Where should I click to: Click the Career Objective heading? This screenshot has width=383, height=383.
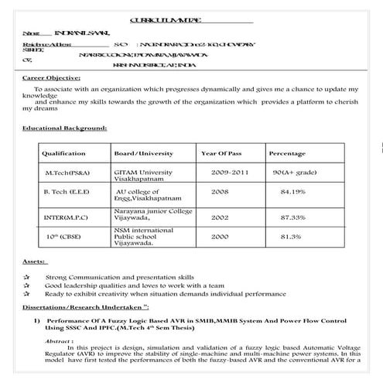point(51,78)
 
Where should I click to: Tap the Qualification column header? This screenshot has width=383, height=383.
point(63,154)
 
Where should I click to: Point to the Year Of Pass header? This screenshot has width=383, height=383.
point(222,154)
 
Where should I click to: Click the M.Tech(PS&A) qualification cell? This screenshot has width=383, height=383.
point(67,173)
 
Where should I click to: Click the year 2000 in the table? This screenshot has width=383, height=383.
point(220,236)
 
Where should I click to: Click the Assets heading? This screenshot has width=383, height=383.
point(34,263)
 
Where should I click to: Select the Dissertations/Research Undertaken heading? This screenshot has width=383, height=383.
point(85,307)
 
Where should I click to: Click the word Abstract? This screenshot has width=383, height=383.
point(60,340)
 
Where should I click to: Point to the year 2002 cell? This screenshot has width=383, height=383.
point(220,217)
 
